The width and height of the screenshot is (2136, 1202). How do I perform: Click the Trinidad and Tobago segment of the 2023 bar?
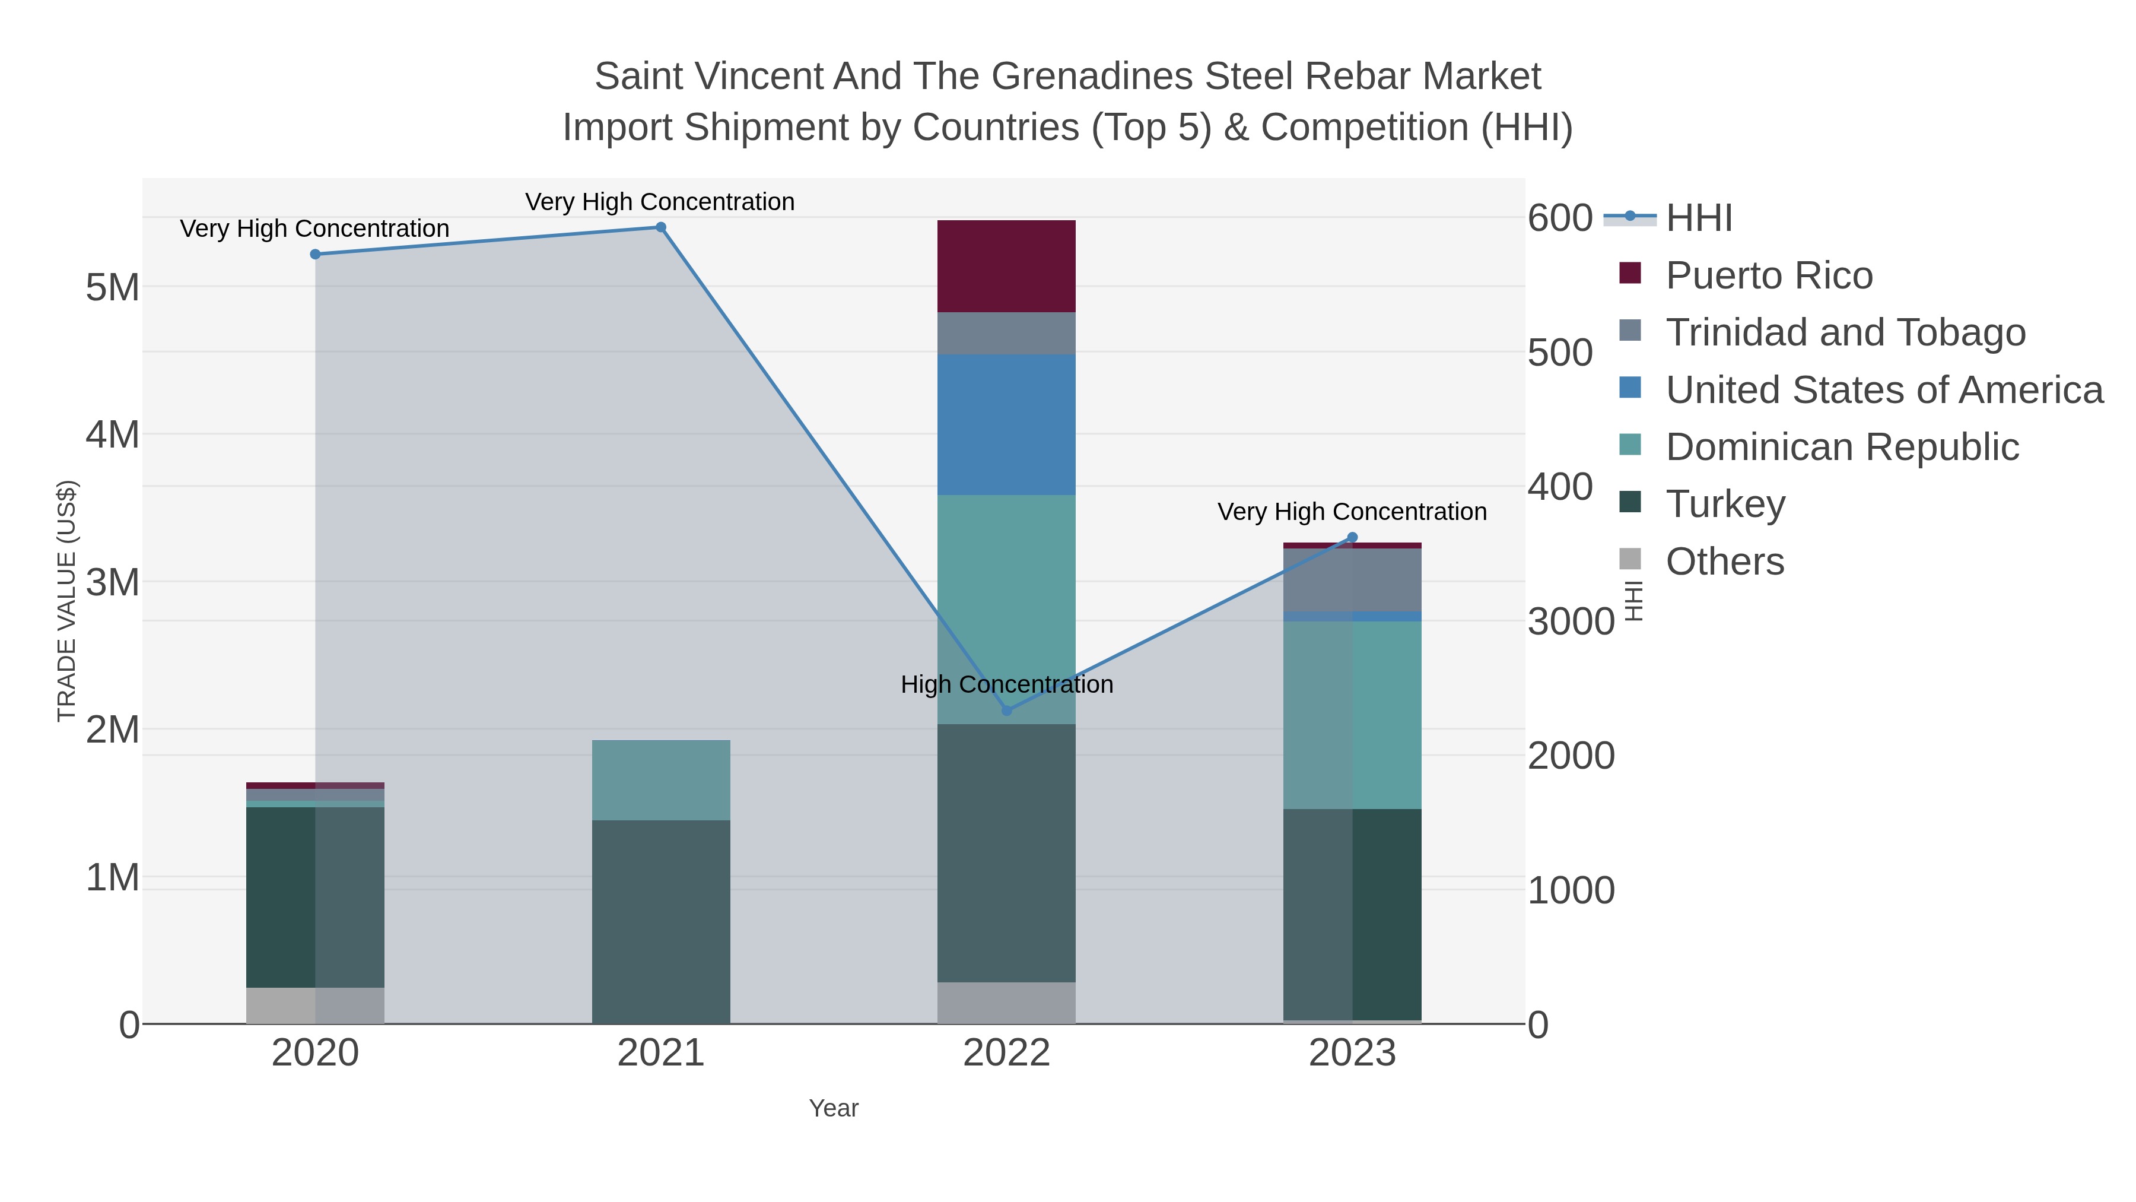tap(1352, 580)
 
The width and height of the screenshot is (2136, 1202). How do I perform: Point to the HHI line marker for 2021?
tap(661, 227)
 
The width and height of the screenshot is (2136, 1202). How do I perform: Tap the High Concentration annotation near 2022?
tap(1007, 684)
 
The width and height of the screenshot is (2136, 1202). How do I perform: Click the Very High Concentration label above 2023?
tap(1352, 512)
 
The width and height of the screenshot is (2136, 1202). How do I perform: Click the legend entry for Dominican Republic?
tap(1842, 446)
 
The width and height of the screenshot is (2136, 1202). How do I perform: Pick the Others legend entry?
tap(1725, 561)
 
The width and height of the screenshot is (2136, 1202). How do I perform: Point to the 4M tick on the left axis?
tap(113, 434)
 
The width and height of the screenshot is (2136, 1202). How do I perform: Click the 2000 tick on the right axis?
tap(1571, 755)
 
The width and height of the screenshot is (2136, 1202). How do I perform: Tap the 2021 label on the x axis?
tap(661, 1052)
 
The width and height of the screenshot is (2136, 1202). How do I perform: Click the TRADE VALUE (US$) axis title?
tap(66, 601)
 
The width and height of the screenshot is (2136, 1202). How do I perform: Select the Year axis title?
tap(834, 1108)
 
